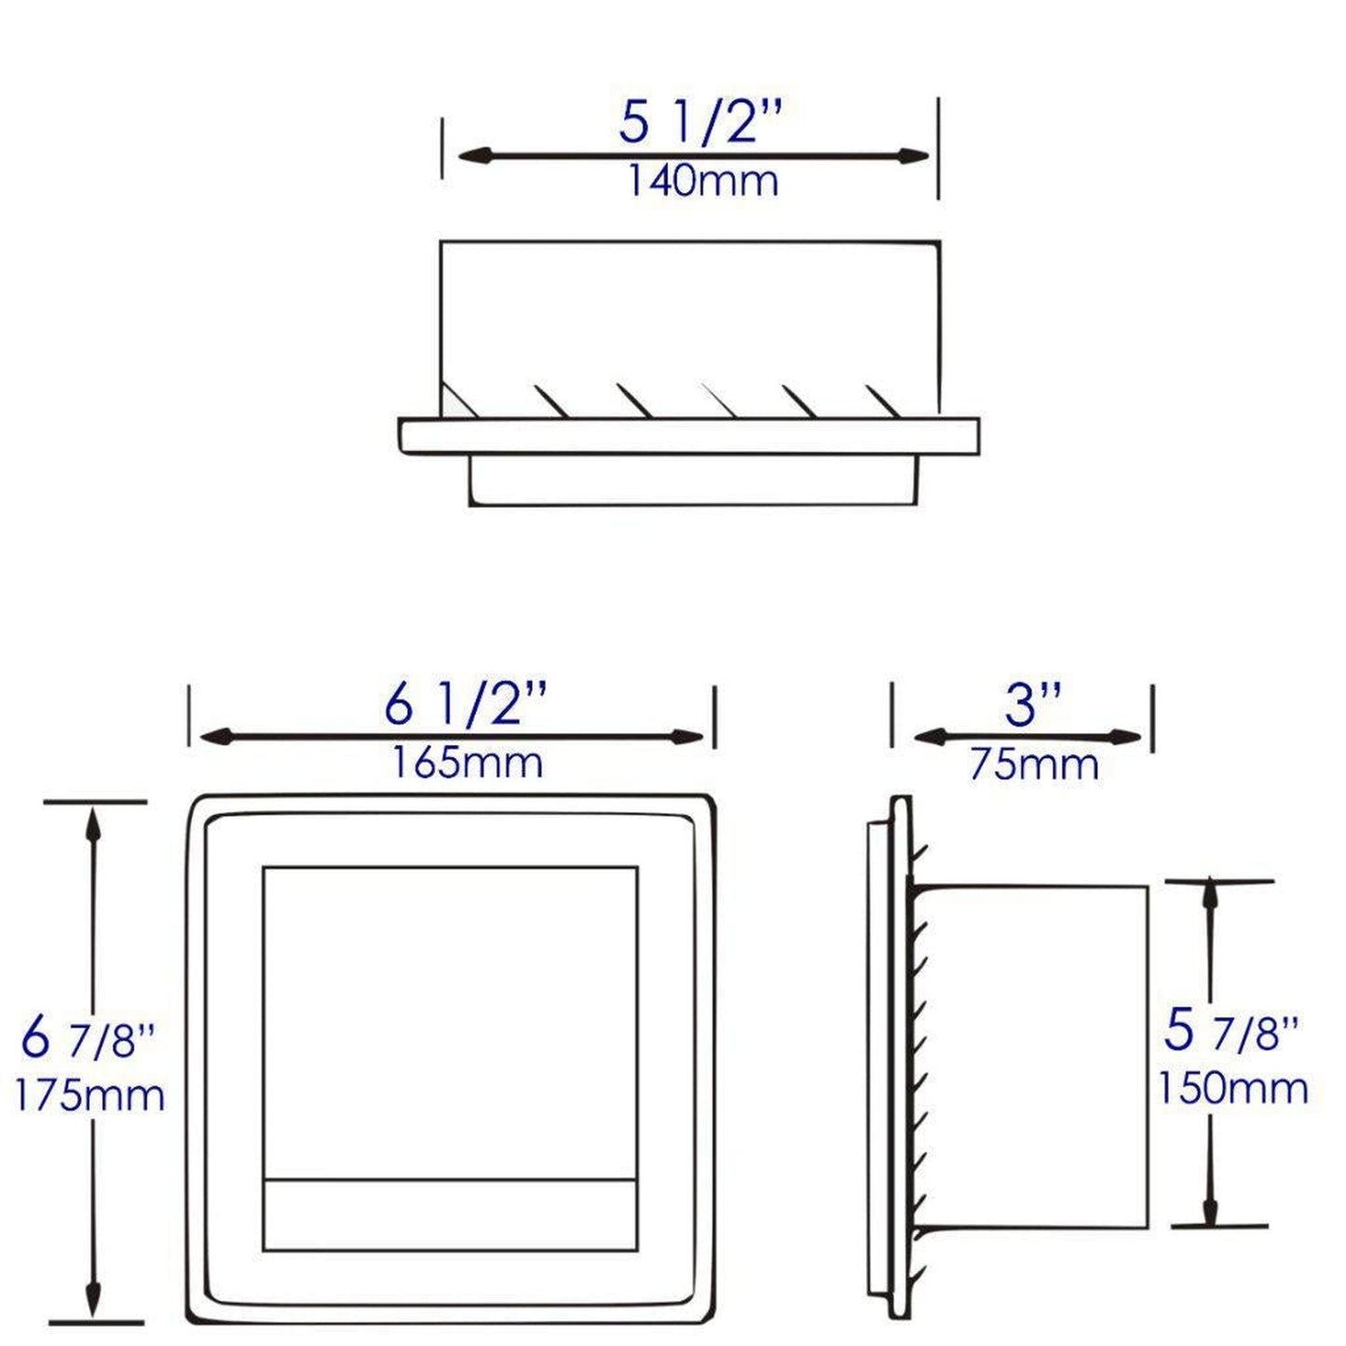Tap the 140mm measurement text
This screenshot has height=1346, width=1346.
coord(701,181)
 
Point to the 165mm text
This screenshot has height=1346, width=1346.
coord(466,763)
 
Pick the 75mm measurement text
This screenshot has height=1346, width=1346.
coord(1034,765)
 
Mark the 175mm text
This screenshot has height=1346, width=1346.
coord(89,1094)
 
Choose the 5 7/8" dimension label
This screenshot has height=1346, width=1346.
coord(1230,1031)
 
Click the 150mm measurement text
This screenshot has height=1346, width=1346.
coord(1232,1087)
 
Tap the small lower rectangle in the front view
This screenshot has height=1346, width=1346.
coord(450,1215)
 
